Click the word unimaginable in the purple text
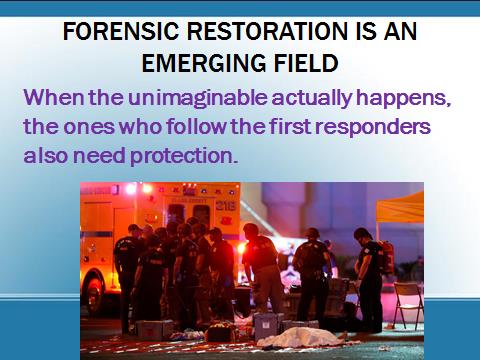click(198, 98)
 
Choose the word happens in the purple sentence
click(403, 99)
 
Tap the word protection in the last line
click(184, 157)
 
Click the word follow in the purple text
click(196, 127)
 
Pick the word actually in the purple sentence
click(312, 99)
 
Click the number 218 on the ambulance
click(225, 206)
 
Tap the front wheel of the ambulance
click(94, 292)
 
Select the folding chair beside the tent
click(408, 304)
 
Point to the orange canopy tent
click(400, 208)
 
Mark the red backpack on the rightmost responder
click(387, 257)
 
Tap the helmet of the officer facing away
click(312, 232)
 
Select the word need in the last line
click(99, 156)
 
